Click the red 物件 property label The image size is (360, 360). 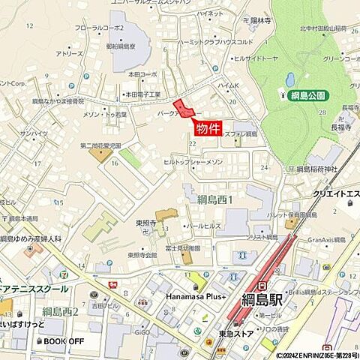(207, 128)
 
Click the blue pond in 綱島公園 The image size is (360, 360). (290, 79)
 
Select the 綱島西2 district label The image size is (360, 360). (58, 310)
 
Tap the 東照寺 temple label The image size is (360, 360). (145, 223)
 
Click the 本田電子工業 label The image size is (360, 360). (142, 94)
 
